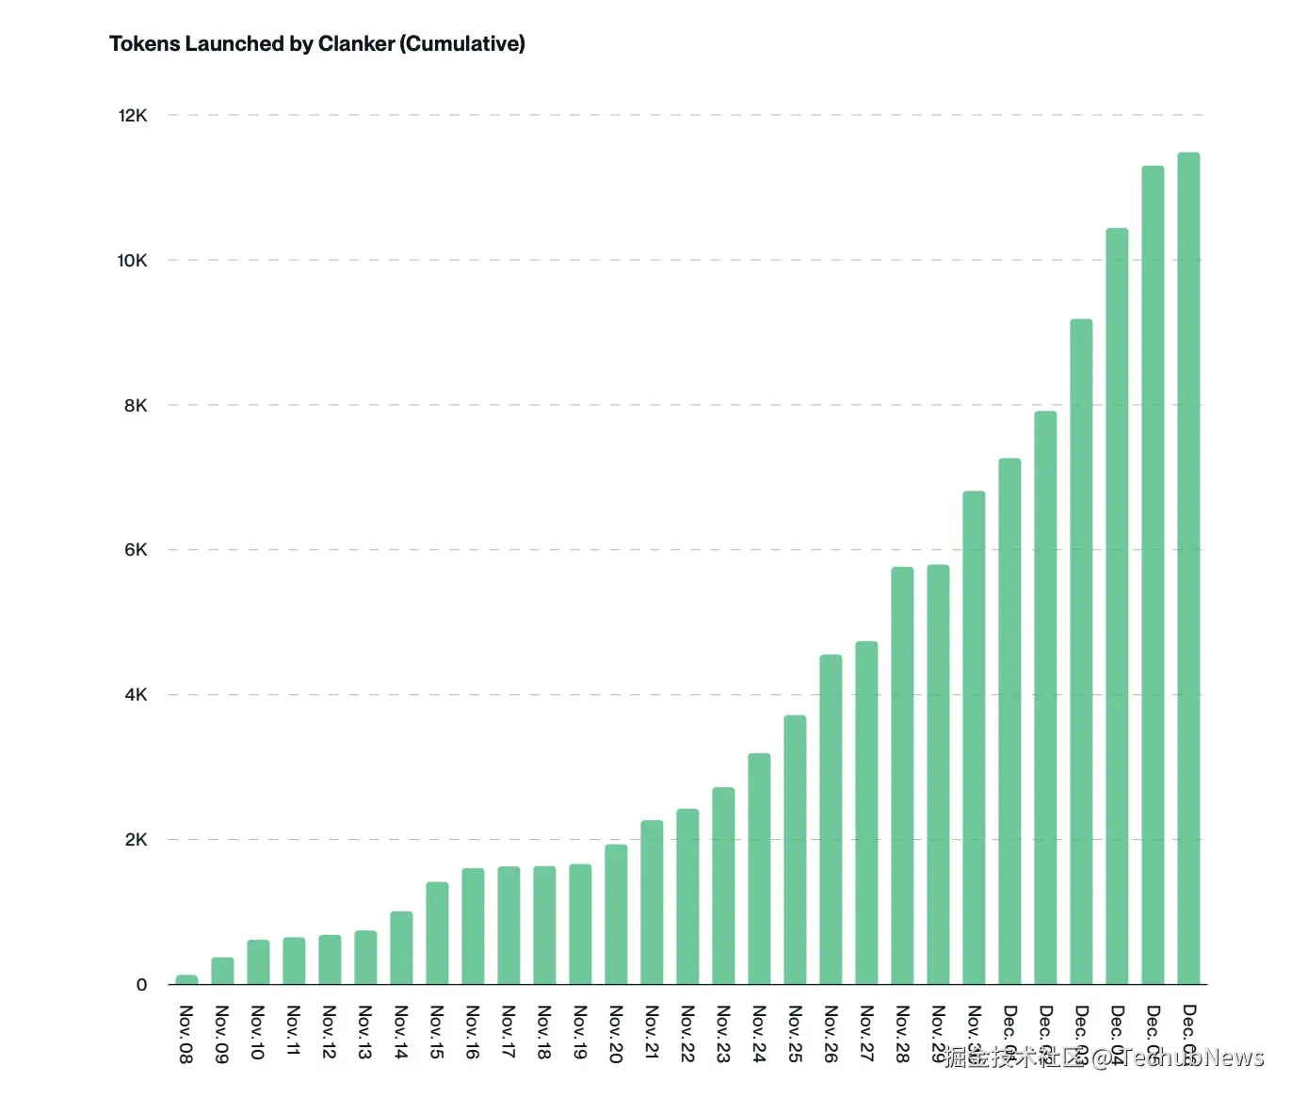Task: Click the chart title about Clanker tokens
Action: click(x=316, y=43)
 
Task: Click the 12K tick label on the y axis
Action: click(x=133, y=116)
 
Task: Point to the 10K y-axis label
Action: click(x=132, y=261)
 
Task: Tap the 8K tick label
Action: click(x=136, y=406)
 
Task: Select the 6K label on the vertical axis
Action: click(x=136, y=550)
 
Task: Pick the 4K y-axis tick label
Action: click(x=136, y=695)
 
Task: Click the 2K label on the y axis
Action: click(x=136, y=840)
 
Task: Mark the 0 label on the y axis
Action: click(x=142, y=985)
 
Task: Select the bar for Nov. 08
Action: click(x=186, y=980)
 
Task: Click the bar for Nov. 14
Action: click(x=401, y=948)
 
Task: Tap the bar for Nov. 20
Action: click(x=616, y=914)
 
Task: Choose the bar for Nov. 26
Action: click(x=831, y=819)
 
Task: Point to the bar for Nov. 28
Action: click(x=902, y=776)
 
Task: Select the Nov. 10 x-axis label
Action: click(x=257, y=1032)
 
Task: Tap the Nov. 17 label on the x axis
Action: click(x=508, y=1032)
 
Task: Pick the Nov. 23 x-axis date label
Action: click(x=722, y=1032)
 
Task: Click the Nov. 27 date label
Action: click(x=865, y=1032)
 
